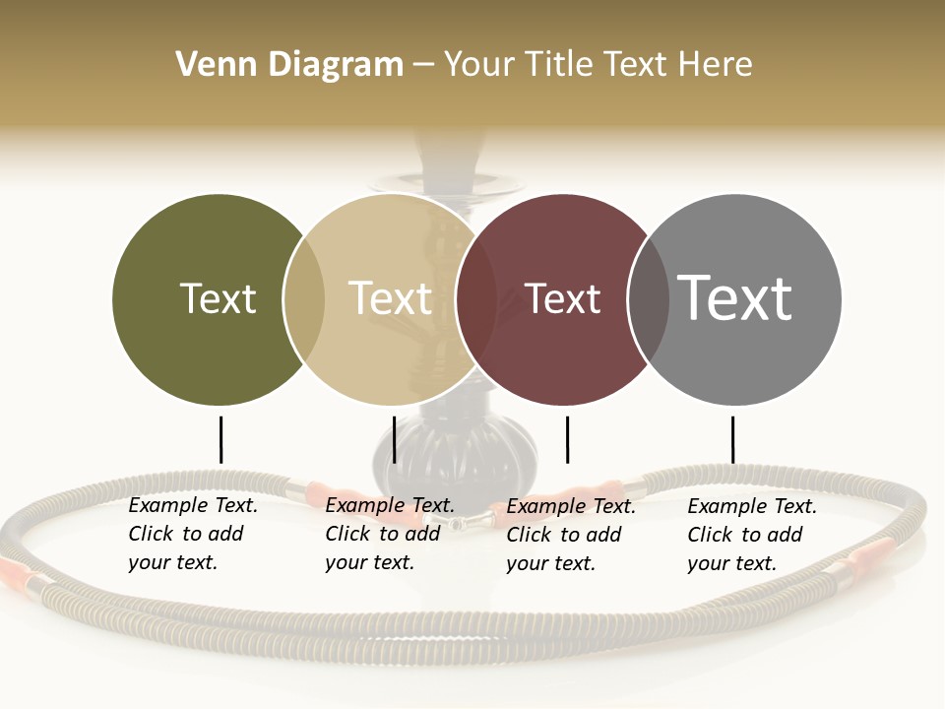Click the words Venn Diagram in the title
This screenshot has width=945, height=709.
pos(289,65)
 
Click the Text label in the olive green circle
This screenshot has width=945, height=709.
pos(218,298)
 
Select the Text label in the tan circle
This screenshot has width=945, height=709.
pos(390,298)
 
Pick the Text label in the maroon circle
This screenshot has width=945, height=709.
pos(562,298)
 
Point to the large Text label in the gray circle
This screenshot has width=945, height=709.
pos(734,298)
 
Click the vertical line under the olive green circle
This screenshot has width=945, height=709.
pos(220,439)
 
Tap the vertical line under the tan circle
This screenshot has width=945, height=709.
pos(394,439)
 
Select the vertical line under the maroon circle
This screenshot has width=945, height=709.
pos(567,439)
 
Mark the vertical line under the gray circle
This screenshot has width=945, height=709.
pos(732,439)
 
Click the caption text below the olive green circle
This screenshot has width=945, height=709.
pos(193,534)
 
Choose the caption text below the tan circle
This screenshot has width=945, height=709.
pos(390,534)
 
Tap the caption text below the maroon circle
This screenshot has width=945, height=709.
pos(571,535)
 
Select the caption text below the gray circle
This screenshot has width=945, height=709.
pos(752,535)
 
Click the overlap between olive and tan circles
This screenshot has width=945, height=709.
pos(304,298)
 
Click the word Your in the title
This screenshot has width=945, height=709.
pos(480,65)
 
